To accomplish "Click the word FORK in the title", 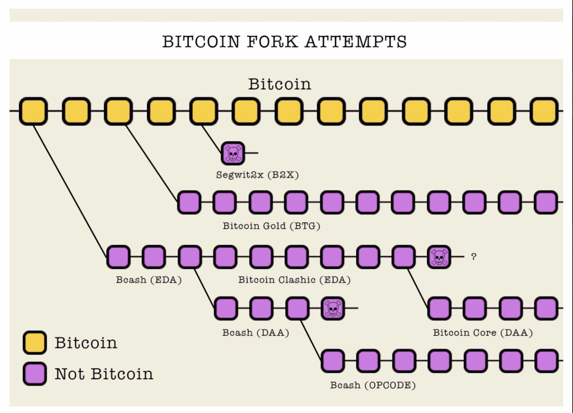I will click(272, 42).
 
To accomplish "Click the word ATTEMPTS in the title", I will click(356, 42).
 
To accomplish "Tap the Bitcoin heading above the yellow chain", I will click(279, 84).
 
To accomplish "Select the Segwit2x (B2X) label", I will click(257, 175).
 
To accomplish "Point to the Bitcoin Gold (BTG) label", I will click(271, 226).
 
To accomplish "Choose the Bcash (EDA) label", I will click(148, 280).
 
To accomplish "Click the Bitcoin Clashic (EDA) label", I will click(294, 280).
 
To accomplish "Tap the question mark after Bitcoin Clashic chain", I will click(474, 257).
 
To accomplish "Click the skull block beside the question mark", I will click(439, 257).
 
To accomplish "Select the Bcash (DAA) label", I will click(255, 333).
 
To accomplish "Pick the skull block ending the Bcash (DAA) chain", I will click(333, 308).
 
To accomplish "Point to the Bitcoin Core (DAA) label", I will click(483, 333).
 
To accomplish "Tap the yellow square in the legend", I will click(35, 342).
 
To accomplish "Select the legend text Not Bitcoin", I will click(104, 374).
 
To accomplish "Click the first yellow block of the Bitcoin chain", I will click(33, 111).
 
